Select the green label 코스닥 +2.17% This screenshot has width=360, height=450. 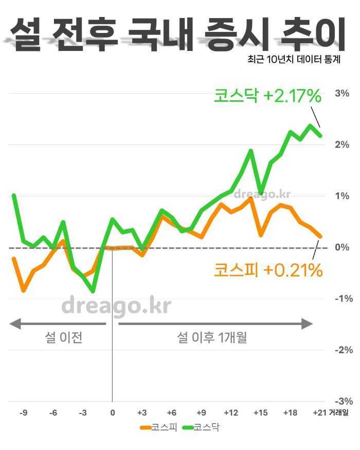267,96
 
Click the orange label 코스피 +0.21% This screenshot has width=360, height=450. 268,269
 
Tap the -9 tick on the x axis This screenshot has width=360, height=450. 24,412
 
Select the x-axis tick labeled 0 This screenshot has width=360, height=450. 112,412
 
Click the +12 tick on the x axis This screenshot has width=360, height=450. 231,412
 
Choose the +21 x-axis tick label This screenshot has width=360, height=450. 319,412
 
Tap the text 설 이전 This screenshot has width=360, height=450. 64,338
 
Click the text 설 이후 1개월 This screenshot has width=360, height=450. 212,338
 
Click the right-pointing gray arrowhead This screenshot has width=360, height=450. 307,324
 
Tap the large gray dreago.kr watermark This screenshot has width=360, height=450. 116,306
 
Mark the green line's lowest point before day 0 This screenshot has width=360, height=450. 93,292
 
